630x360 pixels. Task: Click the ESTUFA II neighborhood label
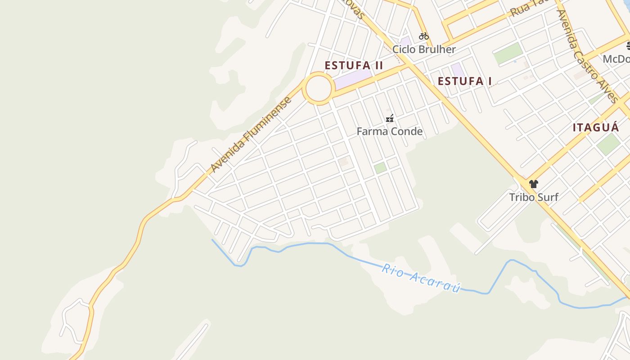click(x=354, y=66)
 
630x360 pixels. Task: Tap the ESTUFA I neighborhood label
click(x=464, y=81)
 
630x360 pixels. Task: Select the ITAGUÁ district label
click(x=596, y=127)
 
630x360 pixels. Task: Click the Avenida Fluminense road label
click(x=251, y=135)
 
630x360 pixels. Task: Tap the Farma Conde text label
click(x=390, y=131)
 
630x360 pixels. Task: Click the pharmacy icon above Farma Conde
click(x=390, y=118)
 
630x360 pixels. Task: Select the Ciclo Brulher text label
click(x=424, y=49)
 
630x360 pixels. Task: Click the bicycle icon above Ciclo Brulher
click(x=424, y=36)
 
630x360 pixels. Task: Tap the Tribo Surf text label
click(x=534, y=197)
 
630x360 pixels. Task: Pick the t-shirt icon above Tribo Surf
click(x=534, y=184)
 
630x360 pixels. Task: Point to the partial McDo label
click(x=616, y=59)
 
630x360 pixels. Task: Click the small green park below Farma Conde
click(x=380, y=168)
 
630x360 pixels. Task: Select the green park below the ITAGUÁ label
click(x=608, y=144)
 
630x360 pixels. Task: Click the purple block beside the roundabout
click(x=353, y=79)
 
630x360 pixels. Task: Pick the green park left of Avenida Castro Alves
click(x=508, y=53)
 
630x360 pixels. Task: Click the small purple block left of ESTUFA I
click(x=458, y=69)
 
